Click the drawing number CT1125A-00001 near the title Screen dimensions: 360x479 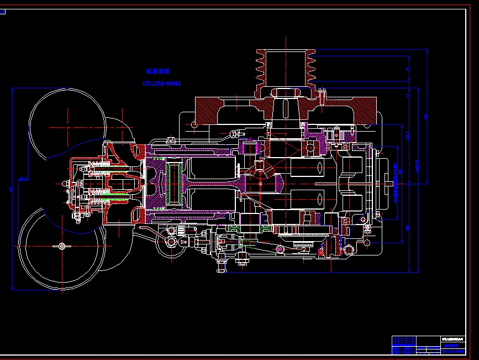pyautogui.click(x=161, y=84)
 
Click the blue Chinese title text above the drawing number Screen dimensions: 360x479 pyautogui.click(x=157, y=71)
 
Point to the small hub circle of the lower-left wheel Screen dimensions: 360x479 pyautogui.click(x=61, y=246)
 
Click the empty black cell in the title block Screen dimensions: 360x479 pyautogui.click(x=428, y=341)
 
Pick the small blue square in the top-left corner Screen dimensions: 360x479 pyautogui.click(x=2, y=11)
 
